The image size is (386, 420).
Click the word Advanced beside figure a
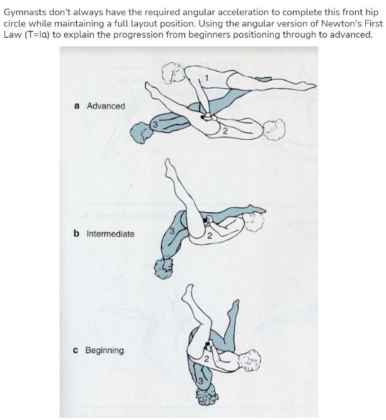click(106, 106)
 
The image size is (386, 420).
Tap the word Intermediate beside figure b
click(110, 234)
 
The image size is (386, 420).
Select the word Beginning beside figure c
click(105, 350)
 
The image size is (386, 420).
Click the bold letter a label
click(77, 106)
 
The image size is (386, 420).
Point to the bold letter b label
click(76, 234)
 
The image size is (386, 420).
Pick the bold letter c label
click(76, 350)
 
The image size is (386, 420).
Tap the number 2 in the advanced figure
click(224, 130)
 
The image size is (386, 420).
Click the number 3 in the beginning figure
click(200, 380)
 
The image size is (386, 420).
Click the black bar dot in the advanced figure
click(202, 116)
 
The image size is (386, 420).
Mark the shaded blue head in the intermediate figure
click(164, 267)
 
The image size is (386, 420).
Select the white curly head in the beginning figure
click(247, 360)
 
